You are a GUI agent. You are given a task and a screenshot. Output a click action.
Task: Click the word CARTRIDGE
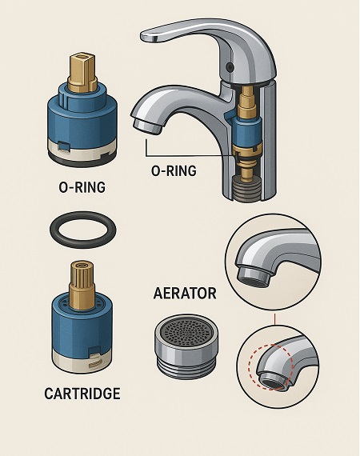point(82,394)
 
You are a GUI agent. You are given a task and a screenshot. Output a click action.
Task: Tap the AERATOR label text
point(185,293)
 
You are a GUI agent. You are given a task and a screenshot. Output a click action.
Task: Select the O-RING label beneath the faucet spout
point(174,170)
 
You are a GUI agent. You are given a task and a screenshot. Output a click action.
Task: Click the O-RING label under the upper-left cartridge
point(82,187)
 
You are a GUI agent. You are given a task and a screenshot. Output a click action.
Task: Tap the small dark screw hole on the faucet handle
point(230,67)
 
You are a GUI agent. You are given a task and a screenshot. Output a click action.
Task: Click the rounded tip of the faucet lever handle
point(148,36)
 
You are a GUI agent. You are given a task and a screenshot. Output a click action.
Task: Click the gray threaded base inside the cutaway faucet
point(246,189)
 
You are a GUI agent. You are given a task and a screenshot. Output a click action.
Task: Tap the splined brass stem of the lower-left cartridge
point(82,283)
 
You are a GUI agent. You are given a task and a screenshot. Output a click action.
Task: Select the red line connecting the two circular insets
point(274,319)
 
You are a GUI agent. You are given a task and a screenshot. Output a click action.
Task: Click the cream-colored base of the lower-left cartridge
point(82,361)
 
